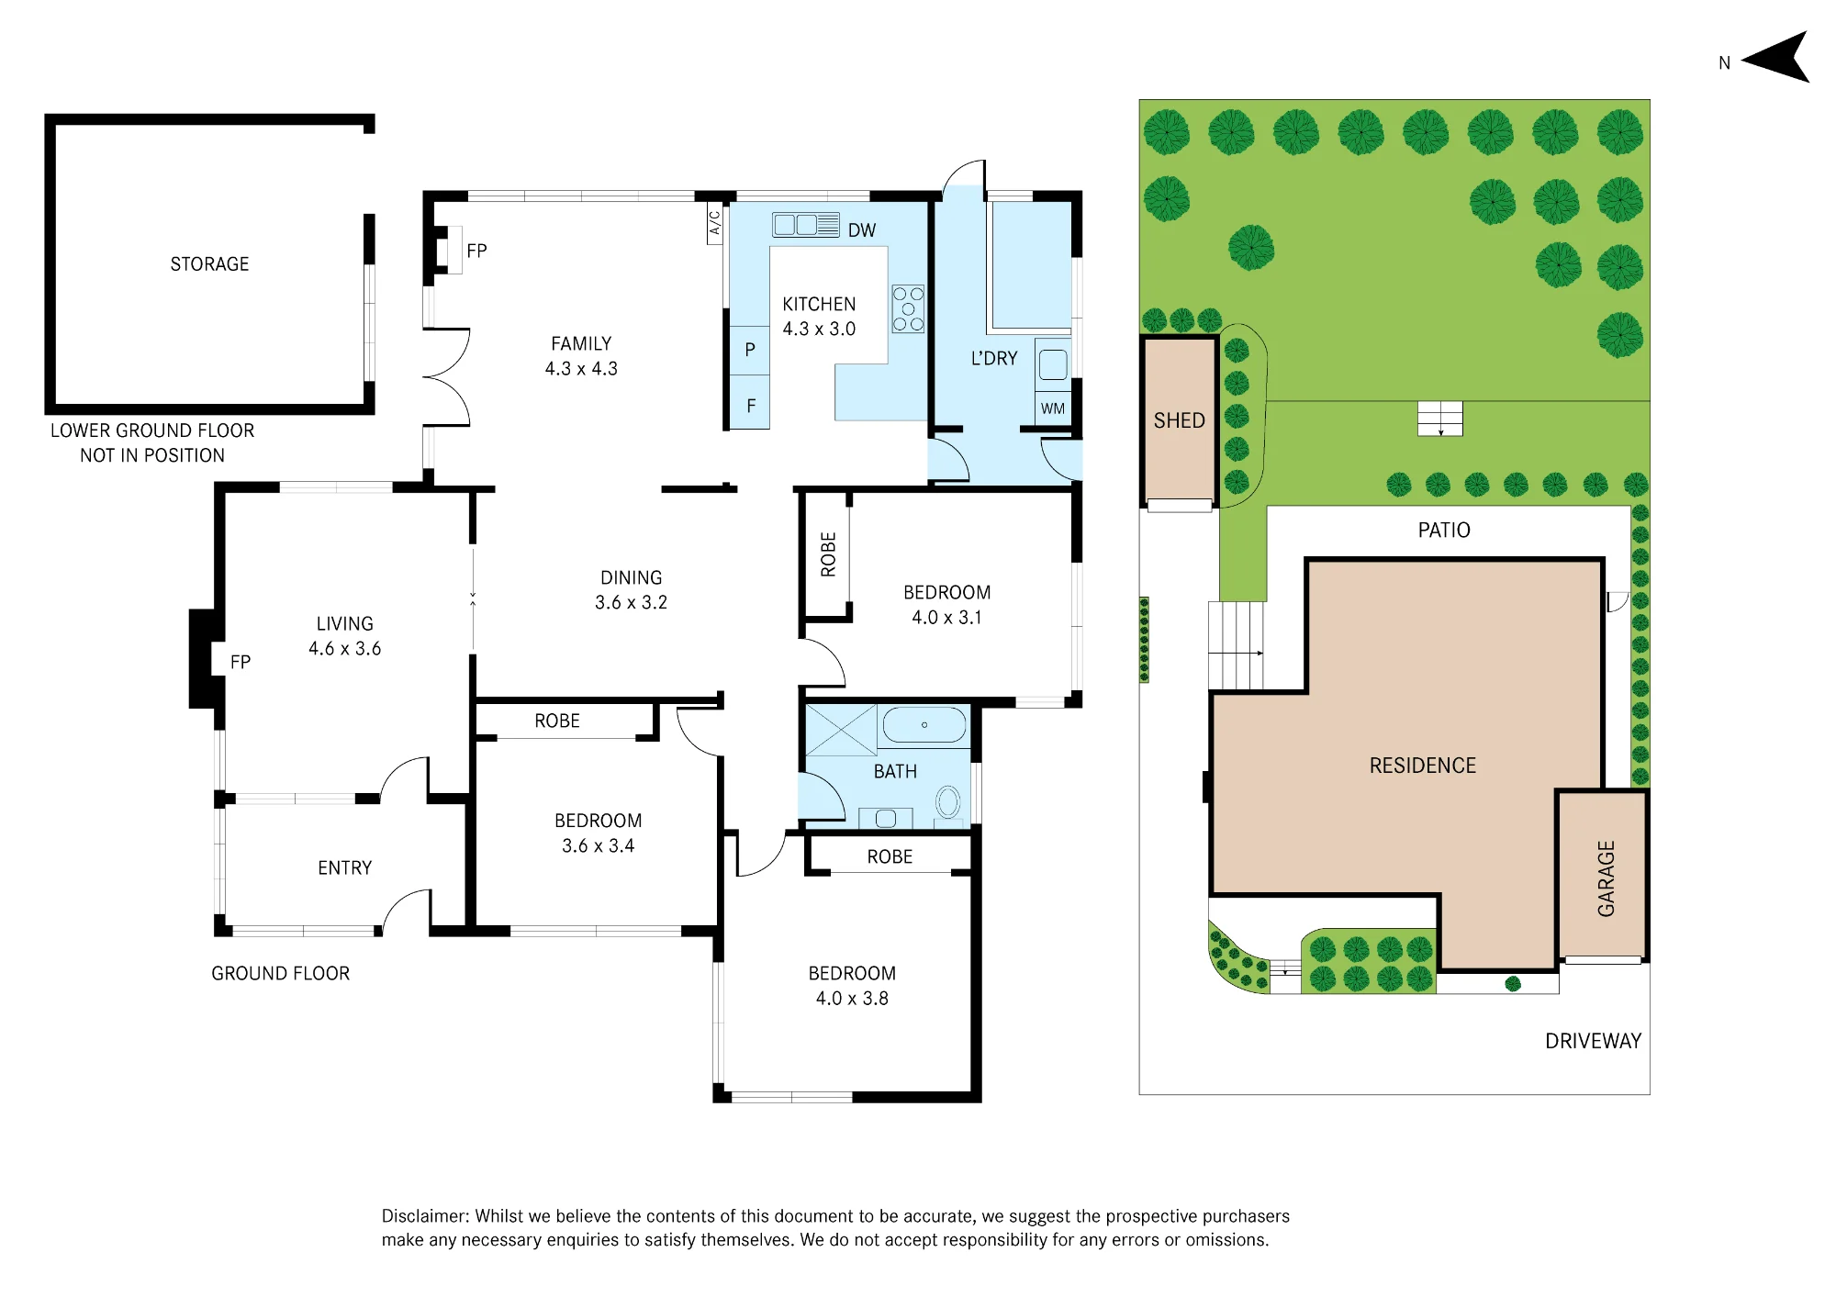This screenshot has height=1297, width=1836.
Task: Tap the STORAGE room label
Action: pyautogui.click(x=209, y=264)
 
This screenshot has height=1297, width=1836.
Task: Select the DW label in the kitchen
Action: pyautogui.click(x=862, y=230)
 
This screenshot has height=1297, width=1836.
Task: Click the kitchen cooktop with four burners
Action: pyautogui.click(x=908, y=308)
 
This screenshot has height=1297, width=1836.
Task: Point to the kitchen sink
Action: pyautogui.click(x=806, y=225)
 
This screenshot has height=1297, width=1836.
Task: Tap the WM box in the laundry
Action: pyautogui.click(x=1053, y=408)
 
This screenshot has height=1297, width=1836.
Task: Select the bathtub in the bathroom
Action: pyautogui.click(x=924, y=725)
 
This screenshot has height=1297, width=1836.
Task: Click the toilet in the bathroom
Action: pyautogui.click(x=947, y=802)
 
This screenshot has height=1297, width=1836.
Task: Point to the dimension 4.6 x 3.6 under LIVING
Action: pyautogui.click(x=345, y=649)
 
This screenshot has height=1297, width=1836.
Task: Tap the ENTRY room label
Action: pyautogui.click(x=345, y=868)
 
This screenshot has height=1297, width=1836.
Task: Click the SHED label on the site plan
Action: pyautogui.click(x=1180, y=420)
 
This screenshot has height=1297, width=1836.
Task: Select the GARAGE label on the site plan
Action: pyautogui.click(x=1606, y=878)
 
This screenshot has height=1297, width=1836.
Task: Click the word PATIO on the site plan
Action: pyautogui.click(x=1444, y=531)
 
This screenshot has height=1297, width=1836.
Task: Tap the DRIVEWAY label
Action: pyautogui.click(x=1594, y=1041)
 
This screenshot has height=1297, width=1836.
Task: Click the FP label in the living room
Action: pyautogui.click(x=241, y=663)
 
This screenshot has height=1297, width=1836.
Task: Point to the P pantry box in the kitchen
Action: pyautogui.click(x=750, y=350)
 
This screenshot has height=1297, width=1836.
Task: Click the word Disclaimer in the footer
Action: pyautogui.click(x=425, y=1216)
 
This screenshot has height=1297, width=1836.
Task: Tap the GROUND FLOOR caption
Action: pyautogui.click(x=281, y=974)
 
